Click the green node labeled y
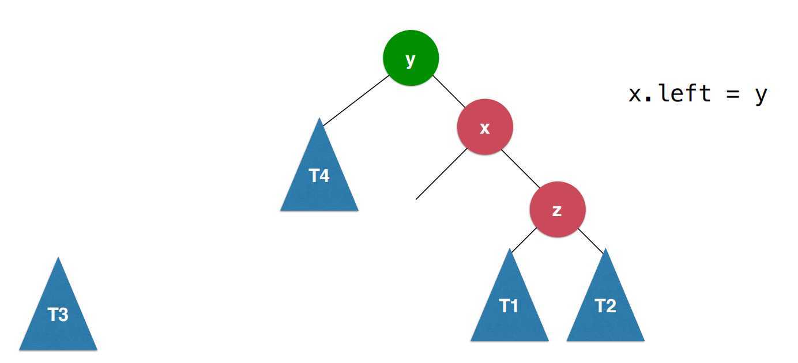411,58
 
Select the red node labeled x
484,127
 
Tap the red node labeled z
557,210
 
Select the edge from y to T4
356,100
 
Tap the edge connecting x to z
521,168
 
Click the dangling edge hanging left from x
441,175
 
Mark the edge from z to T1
524,239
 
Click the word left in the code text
684,93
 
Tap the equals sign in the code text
731,94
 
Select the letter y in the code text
761,96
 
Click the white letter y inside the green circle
411,59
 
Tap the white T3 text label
58,315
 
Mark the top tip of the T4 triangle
319,119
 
